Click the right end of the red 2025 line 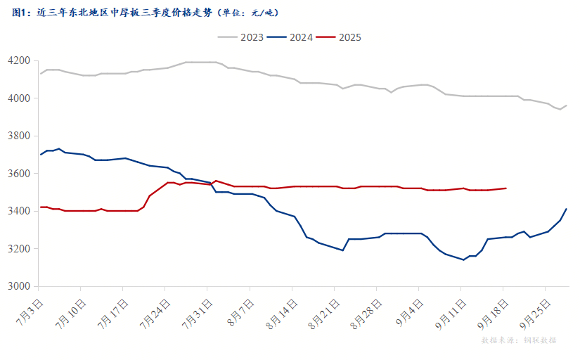506,188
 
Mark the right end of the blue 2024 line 567,209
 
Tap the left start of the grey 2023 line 40,73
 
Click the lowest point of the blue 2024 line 464,259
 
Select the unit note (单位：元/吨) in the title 247,13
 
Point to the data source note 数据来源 519,340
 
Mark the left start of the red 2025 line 40,207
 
